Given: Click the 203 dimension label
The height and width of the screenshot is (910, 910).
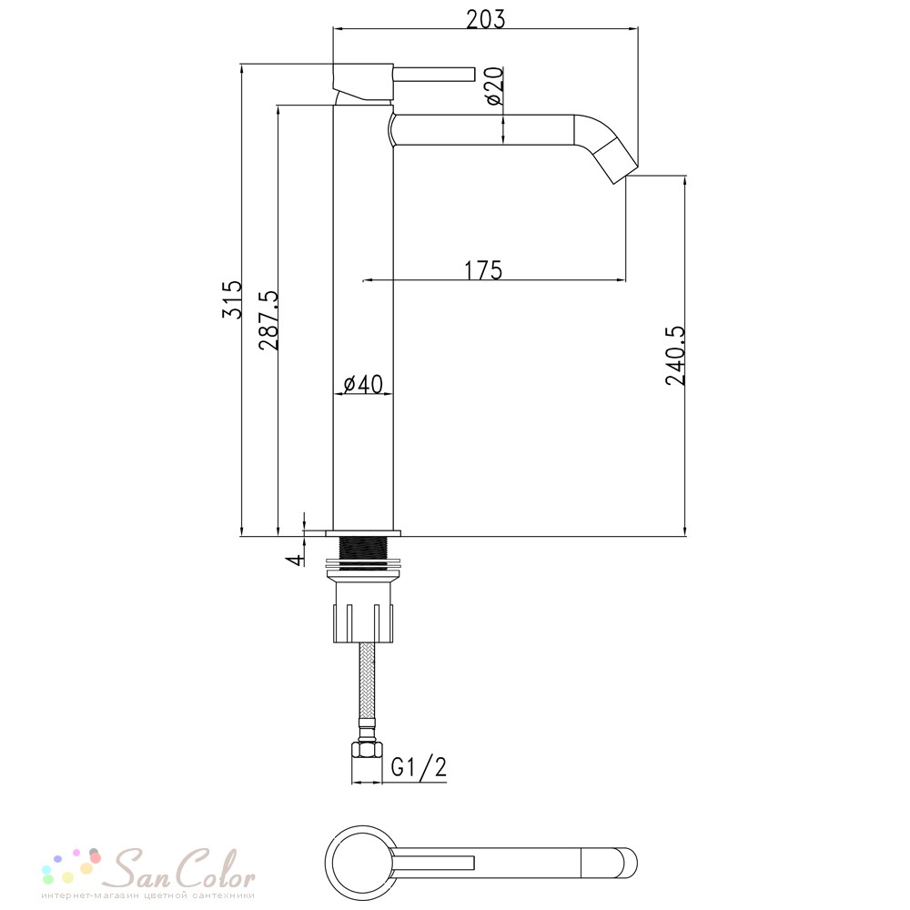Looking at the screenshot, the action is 486,19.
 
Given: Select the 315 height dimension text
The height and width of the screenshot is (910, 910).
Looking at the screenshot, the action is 231,299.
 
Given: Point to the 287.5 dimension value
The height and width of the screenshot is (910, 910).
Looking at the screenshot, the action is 268,320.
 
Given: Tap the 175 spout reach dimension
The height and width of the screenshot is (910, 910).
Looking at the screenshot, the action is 483,270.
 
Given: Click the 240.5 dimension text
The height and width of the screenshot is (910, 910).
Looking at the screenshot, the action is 675,355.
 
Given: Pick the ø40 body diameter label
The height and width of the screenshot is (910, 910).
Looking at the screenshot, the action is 363,384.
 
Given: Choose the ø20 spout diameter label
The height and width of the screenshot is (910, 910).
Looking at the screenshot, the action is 494,86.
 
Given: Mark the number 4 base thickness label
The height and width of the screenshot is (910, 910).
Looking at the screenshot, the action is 296,560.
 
